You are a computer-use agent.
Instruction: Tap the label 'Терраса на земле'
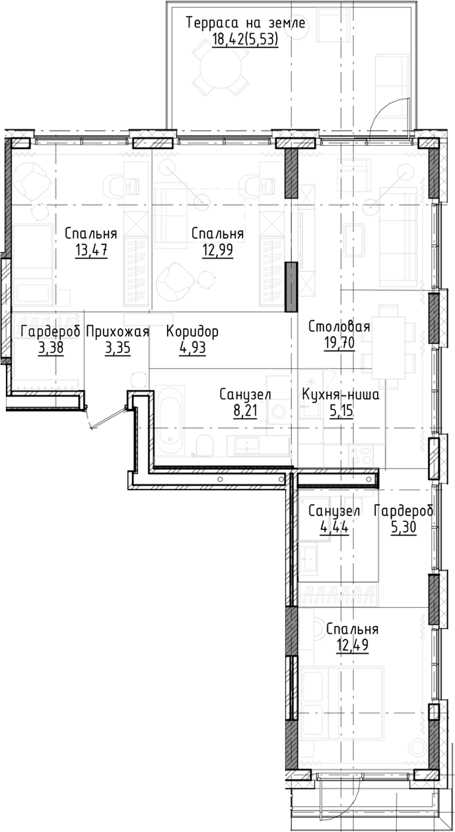coord(245,24)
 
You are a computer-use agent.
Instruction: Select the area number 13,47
coord(91,250)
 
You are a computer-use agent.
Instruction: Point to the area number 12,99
coord(217,250)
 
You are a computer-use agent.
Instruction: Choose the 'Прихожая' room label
coord(118,332)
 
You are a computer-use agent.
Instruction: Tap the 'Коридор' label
coord(192,332)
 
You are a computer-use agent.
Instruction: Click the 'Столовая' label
coord(339,327)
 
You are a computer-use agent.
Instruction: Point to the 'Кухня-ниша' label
coord(339,395)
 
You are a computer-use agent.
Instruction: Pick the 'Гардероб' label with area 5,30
coord(403,511)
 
